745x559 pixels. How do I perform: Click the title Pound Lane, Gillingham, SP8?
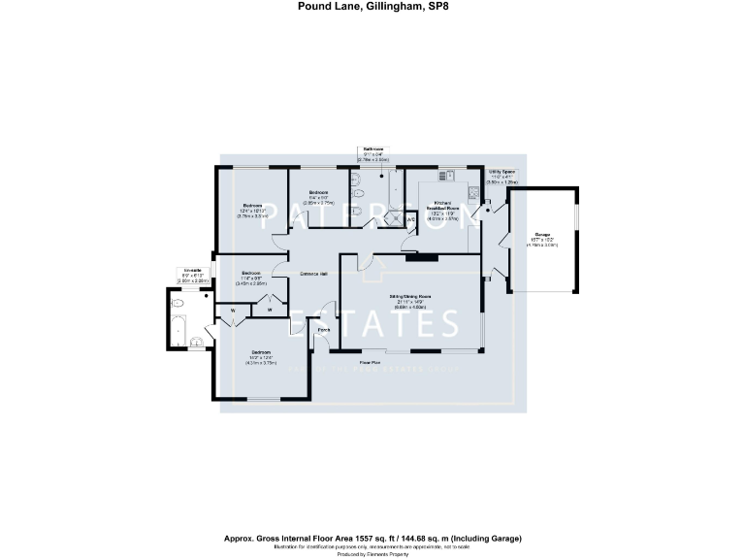372,6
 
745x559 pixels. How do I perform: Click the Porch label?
323,330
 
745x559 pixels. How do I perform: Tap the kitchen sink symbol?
448,176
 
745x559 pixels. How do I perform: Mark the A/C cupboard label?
410,219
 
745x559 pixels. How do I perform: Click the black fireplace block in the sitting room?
420,257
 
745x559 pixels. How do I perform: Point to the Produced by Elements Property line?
372,554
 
